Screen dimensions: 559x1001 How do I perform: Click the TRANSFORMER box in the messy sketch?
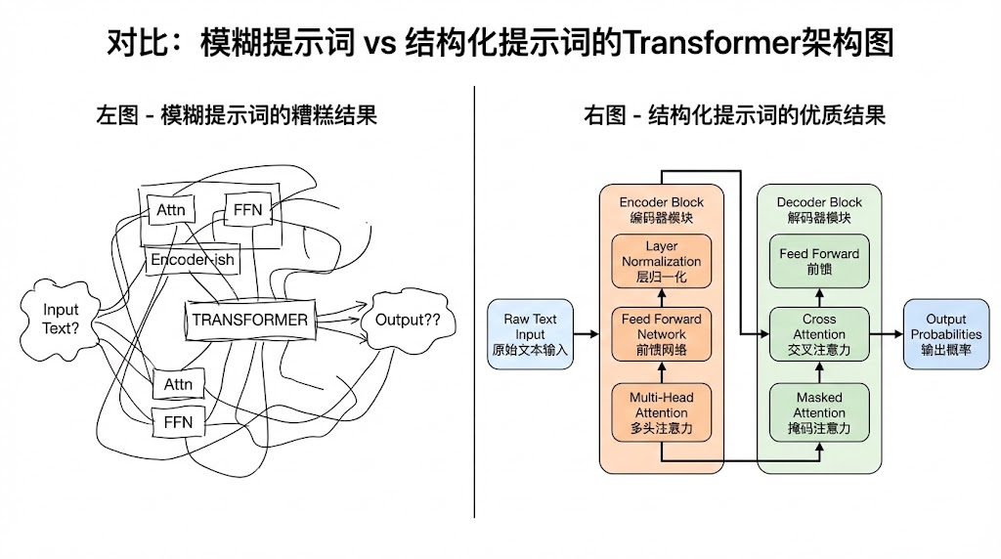249,320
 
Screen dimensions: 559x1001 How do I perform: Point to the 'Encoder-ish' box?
192,260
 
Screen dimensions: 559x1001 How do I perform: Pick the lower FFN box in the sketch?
178,422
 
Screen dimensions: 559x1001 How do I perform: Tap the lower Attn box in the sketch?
178,384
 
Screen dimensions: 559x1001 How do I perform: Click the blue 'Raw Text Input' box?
530,334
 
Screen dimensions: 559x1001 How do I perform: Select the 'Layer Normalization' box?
662,261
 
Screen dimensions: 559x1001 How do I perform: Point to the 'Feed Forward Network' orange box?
662,334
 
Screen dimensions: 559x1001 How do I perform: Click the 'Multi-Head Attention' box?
662,412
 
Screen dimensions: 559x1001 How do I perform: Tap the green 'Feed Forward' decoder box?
819,261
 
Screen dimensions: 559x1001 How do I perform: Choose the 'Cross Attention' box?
819,334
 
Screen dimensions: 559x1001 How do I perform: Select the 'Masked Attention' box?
819,412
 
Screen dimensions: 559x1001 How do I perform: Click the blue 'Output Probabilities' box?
945,334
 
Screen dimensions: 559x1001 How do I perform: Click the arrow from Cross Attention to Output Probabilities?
884,334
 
